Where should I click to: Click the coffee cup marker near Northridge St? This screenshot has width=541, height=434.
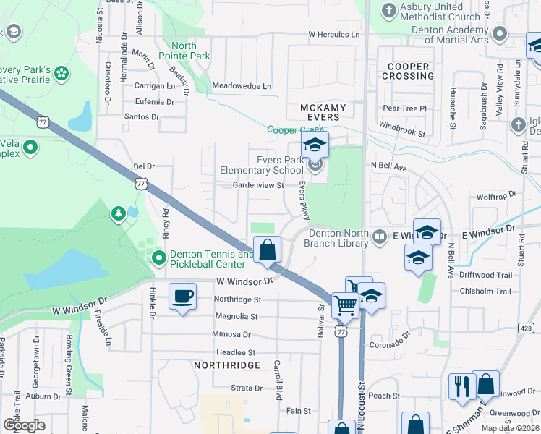[x=182, y=297]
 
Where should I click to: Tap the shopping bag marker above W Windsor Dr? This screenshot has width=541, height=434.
[x=268, y=250]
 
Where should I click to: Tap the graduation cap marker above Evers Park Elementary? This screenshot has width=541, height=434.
[x=315, y=145]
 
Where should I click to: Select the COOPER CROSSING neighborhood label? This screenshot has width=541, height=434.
[x=407, y=71]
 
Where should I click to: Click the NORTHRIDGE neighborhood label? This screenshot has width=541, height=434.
[x=227, y=365]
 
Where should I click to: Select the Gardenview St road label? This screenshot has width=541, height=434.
[x=258, y=185]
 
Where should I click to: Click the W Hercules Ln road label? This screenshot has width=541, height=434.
[x=333, y=34]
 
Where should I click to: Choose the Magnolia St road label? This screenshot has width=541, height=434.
[x=237, y=317]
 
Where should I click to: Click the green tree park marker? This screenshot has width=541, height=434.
[x=118, y=214]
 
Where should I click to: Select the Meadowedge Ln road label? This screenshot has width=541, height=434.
[x=237, y=86]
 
